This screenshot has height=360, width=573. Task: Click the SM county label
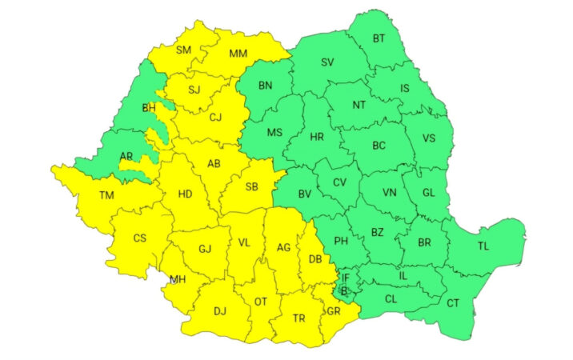[184, 50]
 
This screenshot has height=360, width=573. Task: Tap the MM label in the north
[238, 54]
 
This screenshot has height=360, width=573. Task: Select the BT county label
[379, 38]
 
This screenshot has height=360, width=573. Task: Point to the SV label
[327, 62]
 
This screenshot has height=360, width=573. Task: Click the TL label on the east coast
[483, 246]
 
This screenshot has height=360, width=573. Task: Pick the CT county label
[453, 303]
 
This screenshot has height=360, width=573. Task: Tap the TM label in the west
[106, 195]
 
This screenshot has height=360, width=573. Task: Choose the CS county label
[140, 238]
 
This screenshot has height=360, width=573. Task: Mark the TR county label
[299, 318]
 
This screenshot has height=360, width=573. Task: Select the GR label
[333, 312]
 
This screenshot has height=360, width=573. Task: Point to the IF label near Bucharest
[346, 278]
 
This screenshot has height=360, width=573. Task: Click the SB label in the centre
[251, 187]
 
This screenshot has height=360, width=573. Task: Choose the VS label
[429, 138]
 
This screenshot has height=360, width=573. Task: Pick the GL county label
[429, 192]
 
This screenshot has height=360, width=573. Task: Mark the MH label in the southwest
[177, 279]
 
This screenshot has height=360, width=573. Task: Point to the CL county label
[391, 298]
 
